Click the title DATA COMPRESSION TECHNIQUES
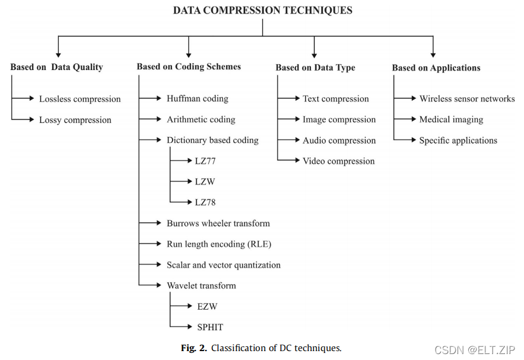(x=262, y=10)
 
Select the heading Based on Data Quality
(x=56, y=67)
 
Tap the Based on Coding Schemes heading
(x=189, y=66)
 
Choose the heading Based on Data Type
(x=315, y=67)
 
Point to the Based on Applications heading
(x=436, y=68)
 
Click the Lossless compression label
(x=80, y=99)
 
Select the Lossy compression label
(x=75, y=120)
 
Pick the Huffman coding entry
(x=197, y=98)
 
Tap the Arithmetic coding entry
(x=201, y=119)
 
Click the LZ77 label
(x=205, y=160)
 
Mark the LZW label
(x=205, y=181)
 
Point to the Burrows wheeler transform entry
(x=218, y=224)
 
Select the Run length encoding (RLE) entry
(x=218, y=244)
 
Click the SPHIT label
(x=210, y=327)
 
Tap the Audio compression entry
(x=339, y=141)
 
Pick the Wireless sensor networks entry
(x=466, y=98)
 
